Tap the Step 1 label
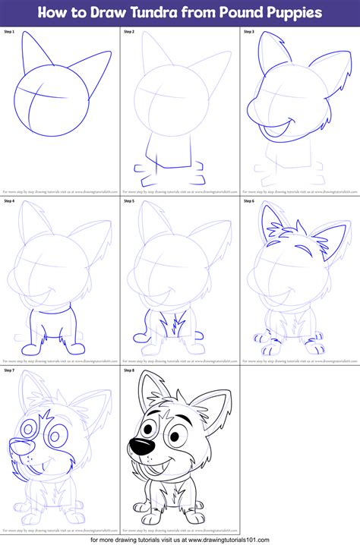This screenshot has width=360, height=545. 10,32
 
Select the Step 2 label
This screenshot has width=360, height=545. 129,32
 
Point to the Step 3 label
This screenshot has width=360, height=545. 248,32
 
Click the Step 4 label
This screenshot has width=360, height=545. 10,201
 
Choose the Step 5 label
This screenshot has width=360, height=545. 129,201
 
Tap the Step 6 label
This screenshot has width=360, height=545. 248,201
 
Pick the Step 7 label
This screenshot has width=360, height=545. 10,370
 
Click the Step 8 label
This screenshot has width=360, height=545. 129,370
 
